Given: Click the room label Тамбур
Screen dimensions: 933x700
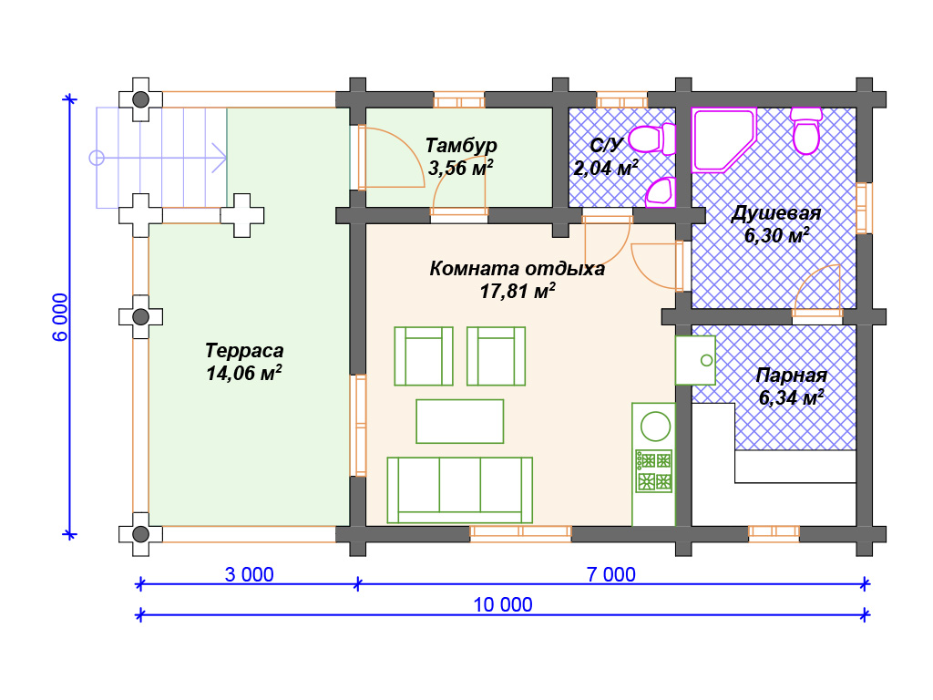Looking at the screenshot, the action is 461,145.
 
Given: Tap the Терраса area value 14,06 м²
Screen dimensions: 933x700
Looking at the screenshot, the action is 244,373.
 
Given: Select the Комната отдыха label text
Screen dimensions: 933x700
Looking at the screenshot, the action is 518,269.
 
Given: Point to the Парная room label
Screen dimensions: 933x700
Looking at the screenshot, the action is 792,376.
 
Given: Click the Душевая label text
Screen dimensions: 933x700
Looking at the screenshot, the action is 776,213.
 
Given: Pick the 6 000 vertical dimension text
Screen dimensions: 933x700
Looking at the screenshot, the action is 61,316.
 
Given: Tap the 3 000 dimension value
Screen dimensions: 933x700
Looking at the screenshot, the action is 250,574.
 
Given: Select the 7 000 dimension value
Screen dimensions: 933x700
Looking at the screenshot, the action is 611,574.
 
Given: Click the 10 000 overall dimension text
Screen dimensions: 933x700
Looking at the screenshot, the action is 503,605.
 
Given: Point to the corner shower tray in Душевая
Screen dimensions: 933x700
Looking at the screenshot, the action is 723,140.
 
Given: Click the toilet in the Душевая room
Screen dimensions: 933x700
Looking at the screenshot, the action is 806,131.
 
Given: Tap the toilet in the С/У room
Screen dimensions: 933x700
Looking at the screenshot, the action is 652,139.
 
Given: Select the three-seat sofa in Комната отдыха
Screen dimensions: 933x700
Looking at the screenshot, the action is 459,489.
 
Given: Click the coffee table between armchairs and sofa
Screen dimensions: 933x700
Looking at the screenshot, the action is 460,421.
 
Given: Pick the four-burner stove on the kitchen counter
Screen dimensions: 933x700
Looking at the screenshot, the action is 654,471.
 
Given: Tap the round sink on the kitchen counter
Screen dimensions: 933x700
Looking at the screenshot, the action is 655,427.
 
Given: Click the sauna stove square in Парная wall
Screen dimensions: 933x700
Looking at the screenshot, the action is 695,361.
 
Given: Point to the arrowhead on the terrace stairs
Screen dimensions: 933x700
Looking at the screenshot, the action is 220,158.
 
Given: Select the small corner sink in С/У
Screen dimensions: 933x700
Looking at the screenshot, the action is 661,192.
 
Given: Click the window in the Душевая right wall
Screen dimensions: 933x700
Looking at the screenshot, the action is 864,208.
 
